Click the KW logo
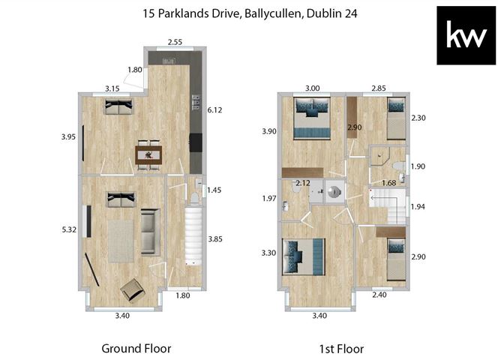(466, 35)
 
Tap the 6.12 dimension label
(214, 110)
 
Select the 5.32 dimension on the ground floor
(69, 229)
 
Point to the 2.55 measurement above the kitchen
(175, 42)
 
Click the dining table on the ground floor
(148, 155)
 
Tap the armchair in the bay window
(133, 289)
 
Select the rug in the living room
(121, 241)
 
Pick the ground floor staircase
(194, 236)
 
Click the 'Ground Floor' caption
(136, 349)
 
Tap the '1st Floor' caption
(341, 349)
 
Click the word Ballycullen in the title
(274, 13)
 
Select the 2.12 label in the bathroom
(303, 183)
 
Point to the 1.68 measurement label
(389, 183)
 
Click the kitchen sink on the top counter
(169, 61)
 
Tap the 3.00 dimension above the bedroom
(313, 88)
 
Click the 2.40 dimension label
(379, 295)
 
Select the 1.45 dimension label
(214, 190)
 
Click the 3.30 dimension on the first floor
(268, 253)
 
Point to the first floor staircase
(388, 206)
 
